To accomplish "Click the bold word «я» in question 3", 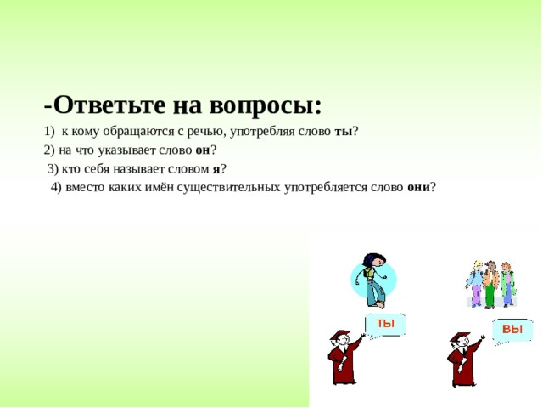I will coord(216,168).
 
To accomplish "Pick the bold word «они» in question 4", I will coord(418,187).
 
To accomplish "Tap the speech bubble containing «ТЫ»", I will coord(385,324).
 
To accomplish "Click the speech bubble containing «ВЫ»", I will coord(512,329).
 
